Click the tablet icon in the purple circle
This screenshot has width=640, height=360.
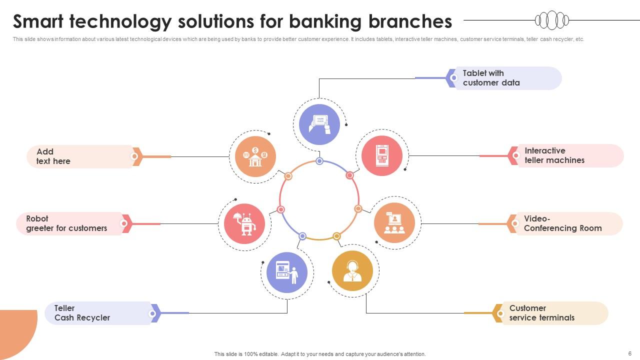pyautogui.click(x=319, y=124)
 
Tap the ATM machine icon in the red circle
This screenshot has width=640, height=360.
pyautogui.click(x=382, y=155)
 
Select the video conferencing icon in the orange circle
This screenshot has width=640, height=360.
pyautogui.click(x=394, y=223)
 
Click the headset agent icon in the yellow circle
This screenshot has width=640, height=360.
pyautogui.click(x=352, y=271)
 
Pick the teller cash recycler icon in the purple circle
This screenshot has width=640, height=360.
pyautogui.click(x=287, y=272)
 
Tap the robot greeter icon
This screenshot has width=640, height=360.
pyautogui.click(x=244, y=223)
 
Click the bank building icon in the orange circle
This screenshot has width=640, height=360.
pyautogui.click(x=255, y=156)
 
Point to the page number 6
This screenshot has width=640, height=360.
pyautogui.click(x=629, y=353)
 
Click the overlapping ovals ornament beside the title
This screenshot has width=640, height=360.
pyautogui.click(x=552, y=20)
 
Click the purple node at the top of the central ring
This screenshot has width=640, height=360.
pyautogui.click(x=319, y=161)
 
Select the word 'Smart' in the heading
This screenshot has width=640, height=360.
pyautogui.click(x=38, y=21)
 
